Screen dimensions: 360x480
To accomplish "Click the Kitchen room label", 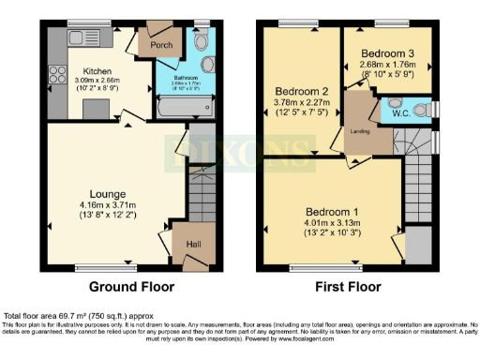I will click(97, 70).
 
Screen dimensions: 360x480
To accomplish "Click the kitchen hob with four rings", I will click(52, 76).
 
